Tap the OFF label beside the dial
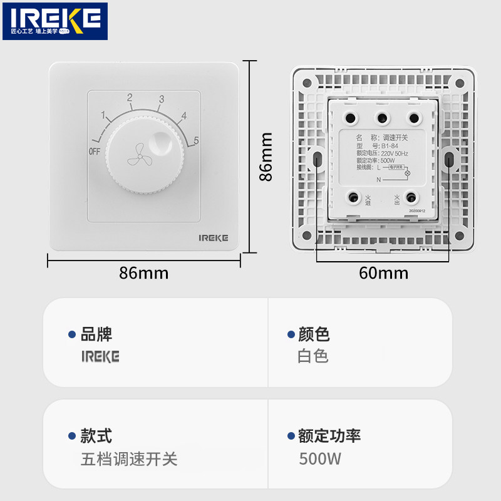coord(94,152)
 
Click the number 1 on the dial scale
coord(103,115)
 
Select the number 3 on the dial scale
coord(162,100)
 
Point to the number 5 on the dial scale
coord(196,141)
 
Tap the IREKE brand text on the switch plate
coord(214,238)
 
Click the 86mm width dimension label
coord(144,273)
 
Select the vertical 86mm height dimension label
coord(266,156)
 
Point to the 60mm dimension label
coord(383,273)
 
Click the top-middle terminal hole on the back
coord(381,117)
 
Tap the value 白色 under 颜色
coord(313,357)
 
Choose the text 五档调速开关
coord(129,459)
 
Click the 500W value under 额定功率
coord(320,459)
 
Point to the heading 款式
coord(96,436)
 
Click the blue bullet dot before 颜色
coord(291,335)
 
